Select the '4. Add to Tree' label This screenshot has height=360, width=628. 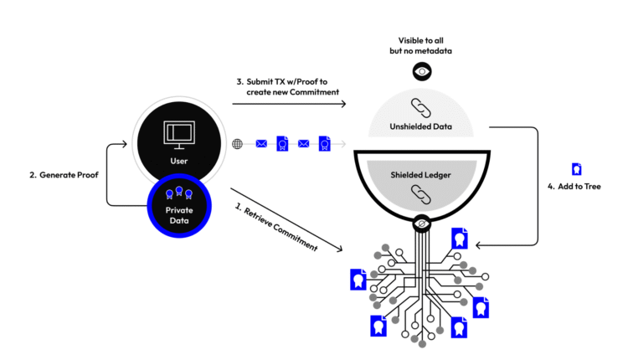tap(575, 186)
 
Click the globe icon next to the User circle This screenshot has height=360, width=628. tap(238, 144)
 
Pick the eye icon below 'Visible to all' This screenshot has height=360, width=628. tap(421, 72)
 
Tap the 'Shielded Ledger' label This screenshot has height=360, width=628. tap(420, 175)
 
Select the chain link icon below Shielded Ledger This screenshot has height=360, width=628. tap(420, 194)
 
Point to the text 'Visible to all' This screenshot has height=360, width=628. tap(421, 40)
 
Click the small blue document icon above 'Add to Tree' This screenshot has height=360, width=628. tap(576, 168)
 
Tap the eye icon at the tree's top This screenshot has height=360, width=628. tap(421, 224)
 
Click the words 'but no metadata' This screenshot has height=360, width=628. tap(421, 52)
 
